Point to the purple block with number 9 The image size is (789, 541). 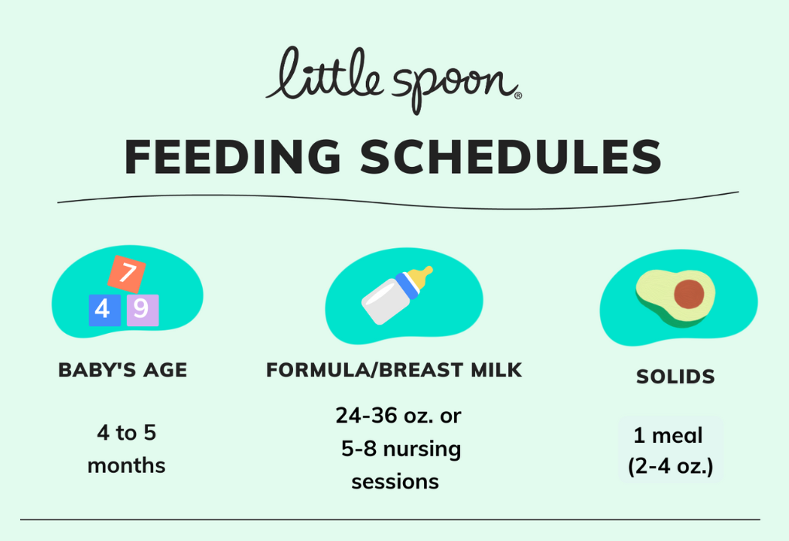142,310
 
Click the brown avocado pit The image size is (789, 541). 688,294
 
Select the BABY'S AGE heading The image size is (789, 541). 123,370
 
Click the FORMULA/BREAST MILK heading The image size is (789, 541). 394,370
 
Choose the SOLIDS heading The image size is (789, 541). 675,377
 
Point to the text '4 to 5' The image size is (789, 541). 126,433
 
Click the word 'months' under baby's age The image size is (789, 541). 126,466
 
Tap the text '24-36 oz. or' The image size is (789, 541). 398,416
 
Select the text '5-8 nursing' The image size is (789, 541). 401,449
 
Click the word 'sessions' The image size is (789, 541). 394,482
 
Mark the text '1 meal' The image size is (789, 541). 668,436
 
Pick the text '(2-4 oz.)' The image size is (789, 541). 671,468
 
